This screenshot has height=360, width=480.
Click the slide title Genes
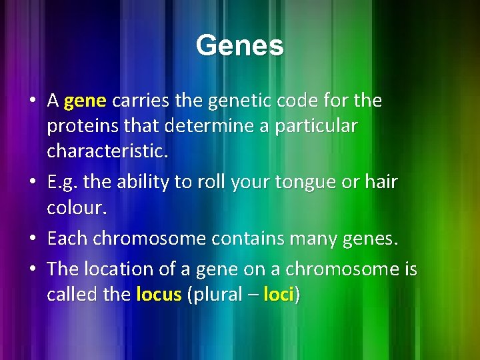pos(239,46)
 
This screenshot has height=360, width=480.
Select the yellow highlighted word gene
pos(86,101)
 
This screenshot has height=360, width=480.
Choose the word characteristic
pos(107,151)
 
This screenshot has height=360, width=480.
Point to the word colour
pos(76,208)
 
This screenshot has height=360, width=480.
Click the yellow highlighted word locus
pos(159,294)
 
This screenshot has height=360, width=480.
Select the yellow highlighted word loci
pos(279,294)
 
